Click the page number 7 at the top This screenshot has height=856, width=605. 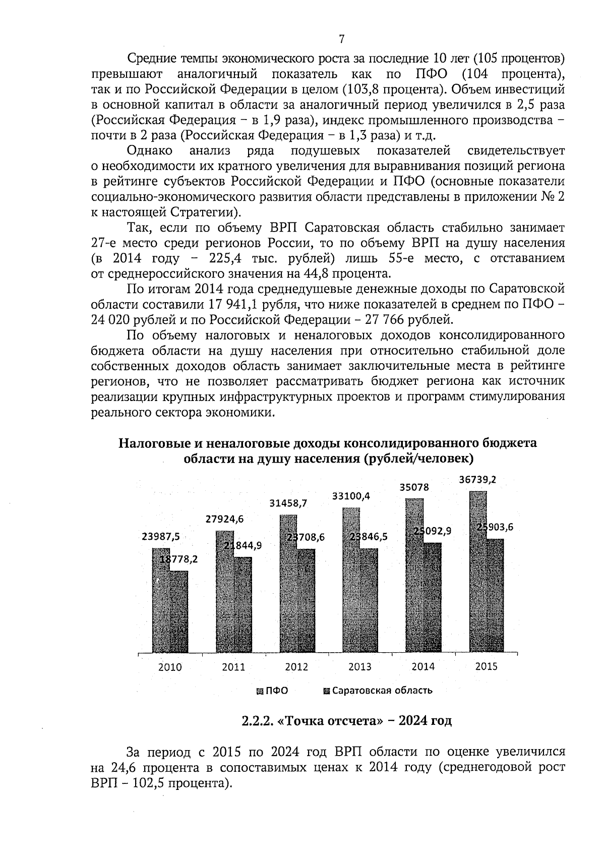click(x=342, y=39)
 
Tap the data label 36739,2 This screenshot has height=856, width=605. click(x=477, y=480)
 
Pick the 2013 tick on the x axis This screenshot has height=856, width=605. click(x=359, y=667)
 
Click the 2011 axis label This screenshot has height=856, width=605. click(x=233, y=667)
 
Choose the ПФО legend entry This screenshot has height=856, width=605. click(x=272, y=691)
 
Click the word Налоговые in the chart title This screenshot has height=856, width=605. click(x=153, y=443)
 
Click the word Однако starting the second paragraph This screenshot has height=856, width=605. click(x=150, y=150)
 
